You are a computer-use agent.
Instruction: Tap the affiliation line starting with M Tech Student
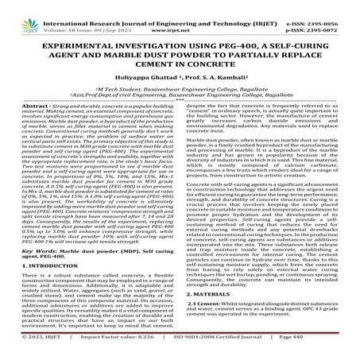pos(179,96)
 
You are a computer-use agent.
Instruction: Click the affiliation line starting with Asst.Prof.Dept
pos(179,103)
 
